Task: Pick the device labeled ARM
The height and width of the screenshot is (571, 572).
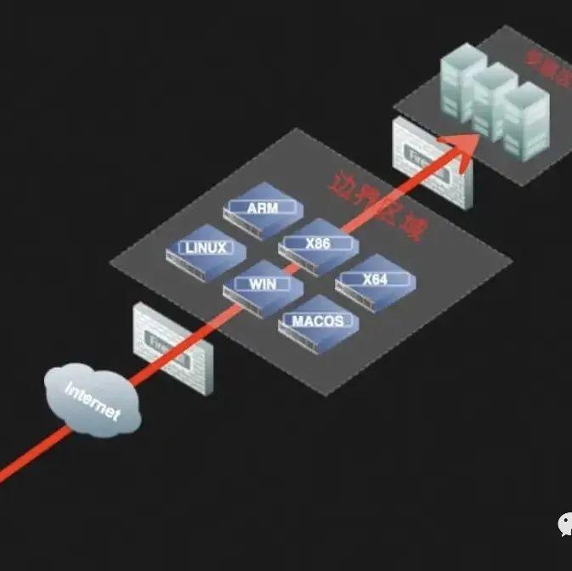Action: coord(263,208)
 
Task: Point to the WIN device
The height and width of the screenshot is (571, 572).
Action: coord(263,285)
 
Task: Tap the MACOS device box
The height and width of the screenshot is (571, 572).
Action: coord(318,322)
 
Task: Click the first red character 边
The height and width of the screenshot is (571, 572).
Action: coord(343,178)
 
